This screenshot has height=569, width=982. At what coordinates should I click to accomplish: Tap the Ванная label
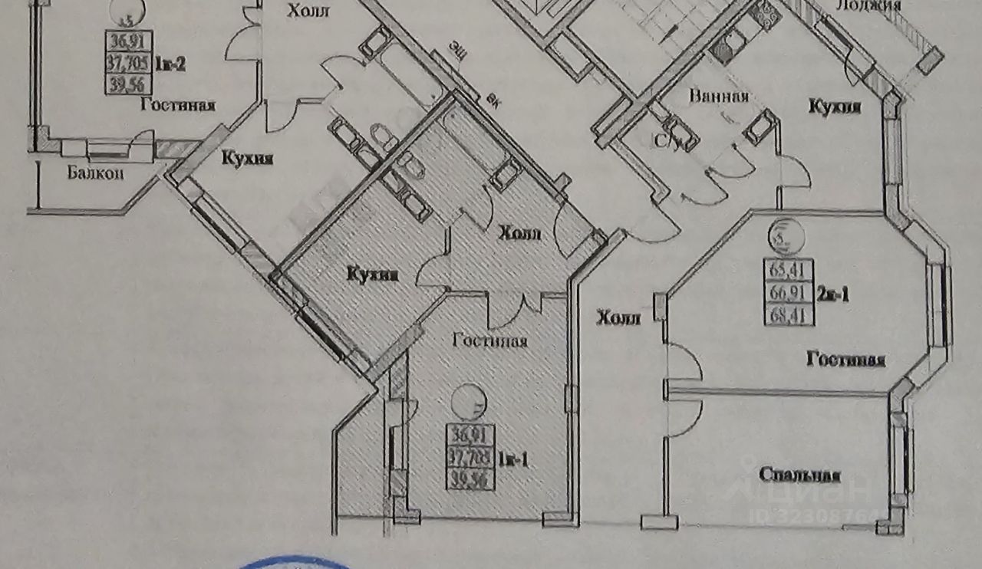[x=718, y=97]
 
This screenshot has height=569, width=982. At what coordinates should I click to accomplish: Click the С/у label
[x=664, y=142]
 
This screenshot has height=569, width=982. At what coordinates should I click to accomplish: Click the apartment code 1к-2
[x=171, y=64]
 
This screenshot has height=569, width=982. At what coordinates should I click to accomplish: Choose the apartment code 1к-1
[x=510, y=461]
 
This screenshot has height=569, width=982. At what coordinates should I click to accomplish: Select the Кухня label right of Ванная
[x=834, y=107]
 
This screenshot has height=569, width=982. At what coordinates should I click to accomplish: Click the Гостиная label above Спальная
[x=845, y=360]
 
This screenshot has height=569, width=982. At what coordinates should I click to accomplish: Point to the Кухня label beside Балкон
[x=247, y=159]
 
